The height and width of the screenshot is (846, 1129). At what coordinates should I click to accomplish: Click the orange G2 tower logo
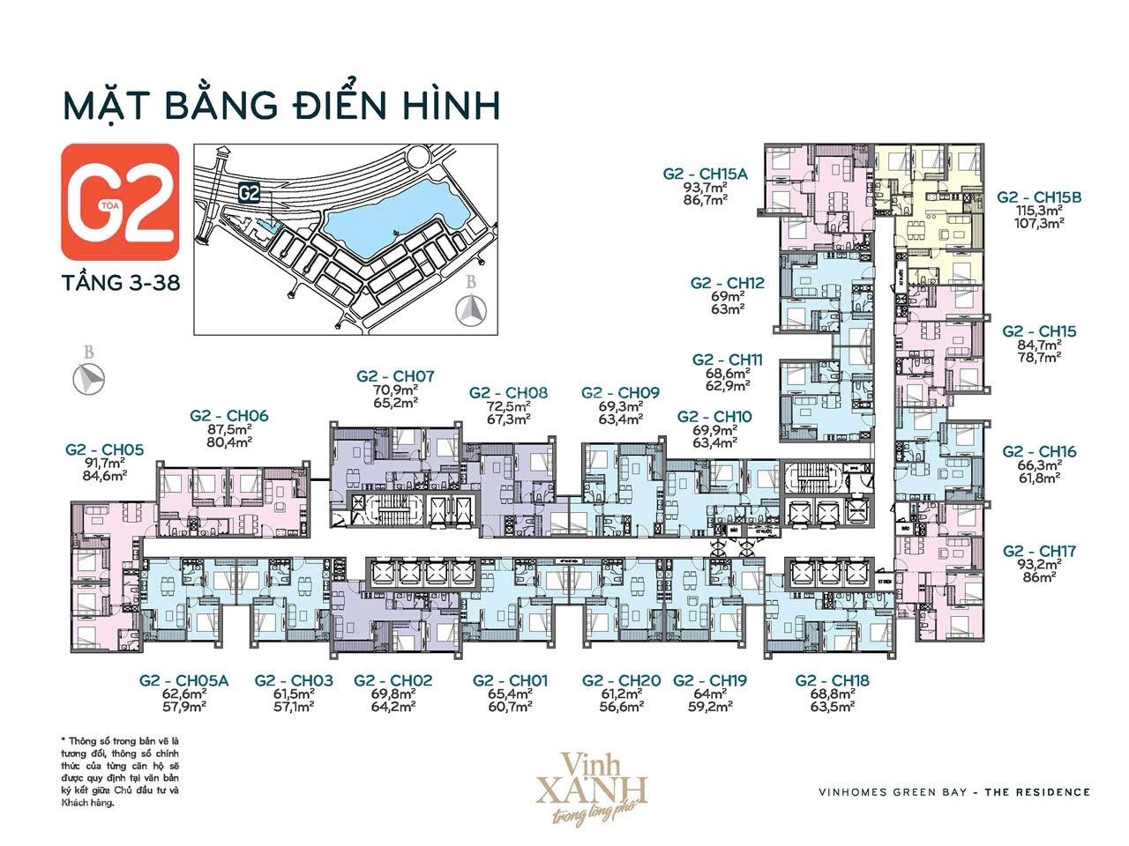click(x=119, y=195)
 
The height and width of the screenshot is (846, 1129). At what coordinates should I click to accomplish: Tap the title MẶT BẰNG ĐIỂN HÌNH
click(x=281, y=104)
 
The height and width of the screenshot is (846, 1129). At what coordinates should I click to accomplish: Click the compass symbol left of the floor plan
click(x=88, y=376)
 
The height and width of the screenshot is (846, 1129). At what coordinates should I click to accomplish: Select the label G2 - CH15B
click(x=1039, y=197)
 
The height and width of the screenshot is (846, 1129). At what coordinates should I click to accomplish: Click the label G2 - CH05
click(x=103, y=449)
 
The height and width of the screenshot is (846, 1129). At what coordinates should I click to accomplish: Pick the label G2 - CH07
click(x=395, y=375)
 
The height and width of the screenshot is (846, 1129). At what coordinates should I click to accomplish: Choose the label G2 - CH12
click(x=728, y=283)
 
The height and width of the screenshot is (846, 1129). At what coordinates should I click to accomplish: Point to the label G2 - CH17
click(x=1039, y=552)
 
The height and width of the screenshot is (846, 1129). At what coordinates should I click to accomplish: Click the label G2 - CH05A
click(x=183, y=680)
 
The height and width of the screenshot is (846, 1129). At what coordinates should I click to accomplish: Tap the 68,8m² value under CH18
click(x=832, y=694)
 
